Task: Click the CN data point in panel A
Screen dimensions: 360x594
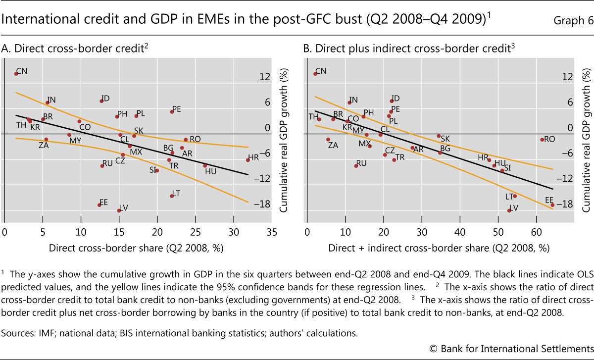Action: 16,73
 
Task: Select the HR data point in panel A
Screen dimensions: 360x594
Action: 247,160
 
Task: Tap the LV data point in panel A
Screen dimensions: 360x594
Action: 119,210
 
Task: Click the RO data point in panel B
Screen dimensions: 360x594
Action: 542,140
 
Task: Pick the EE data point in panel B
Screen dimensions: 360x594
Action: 552,205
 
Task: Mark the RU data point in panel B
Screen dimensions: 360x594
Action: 356,165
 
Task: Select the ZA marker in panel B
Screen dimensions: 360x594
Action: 328,140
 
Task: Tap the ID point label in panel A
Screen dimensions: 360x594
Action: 105,98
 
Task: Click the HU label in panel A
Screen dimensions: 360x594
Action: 210,171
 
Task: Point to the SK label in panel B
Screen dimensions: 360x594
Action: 445,139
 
